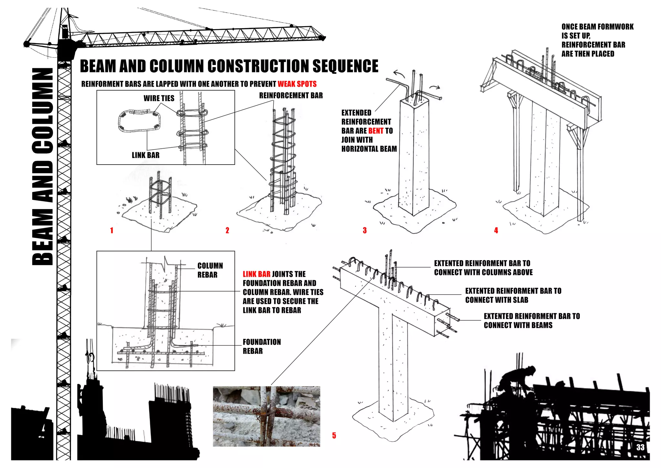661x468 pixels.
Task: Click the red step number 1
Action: tap(112, 230)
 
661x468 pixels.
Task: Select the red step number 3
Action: tap(365, 230)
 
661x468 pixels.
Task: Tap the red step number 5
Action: tap(334, 436)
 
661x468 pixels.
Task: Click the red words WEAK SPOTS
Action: tap(297, 84)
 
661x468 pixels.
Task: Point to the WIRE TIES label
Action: tap(159, 98)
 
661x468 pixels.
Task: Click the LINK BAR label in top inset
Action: tap(146, 155)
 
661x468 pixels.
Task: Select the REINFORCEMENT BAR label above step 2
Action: tap(291, 95)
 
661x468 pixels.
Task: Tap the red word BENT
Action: tap(376, 131)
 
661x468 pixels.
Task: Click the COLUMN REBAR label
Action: tap(210, 270)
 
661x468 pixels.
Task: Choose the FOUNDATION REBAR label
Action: tap(261, 346)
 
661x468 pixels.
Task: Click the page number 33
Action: tap(640, 447)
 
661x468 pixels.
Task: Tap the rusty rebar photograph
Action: tap(266, 416)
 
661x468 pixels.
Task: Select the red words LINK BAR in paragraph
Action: tap(256, 274)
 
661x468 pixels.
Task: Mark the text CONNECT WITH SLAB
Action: tap(496, 300)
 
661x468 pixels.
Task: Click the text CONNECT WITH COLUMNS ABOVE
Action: tap(483, 272)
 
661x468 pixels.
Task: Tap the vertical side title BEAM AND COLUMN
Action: tap(43, 166)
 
